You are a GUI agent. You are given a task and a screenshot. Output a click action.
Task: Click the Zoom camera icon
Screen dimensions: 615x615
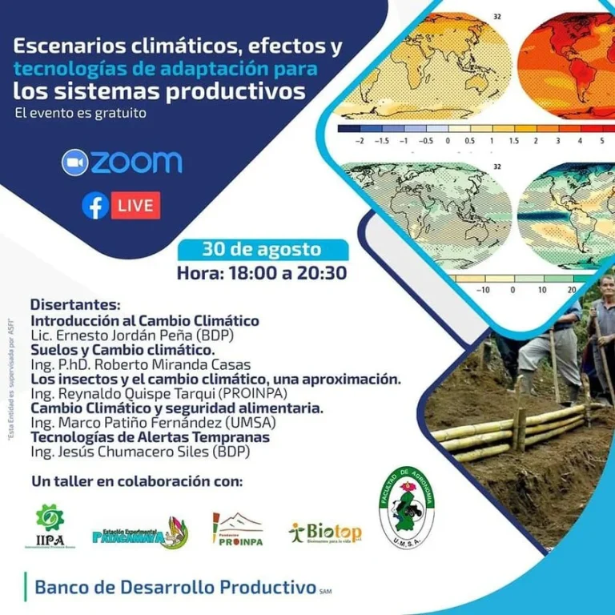(74, 163)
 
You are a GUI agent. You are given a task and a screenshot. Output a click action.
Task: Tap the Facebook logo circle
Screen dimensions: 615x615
(95, 206)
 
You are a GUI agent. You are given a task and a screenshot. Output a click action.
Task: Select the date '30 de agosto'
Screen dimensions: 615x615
(262, 249)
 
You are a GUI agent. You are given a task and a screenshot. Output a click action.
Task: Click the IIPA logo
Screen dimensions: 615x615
(50, 525)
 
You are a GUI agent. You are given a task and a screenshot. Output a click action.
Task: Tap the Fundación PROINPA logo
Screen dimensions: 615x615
(239, 529)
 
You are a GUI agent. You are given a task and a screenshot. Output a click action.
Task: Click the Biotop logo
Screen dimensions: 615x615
(326, 532)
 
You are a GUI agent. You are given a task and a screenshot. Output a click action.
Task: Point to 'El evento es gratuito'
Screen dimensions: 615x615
(80, 113)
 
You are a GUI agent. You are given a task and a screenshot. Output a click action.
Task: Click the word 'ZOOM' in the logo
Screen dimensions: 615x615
(136, 163)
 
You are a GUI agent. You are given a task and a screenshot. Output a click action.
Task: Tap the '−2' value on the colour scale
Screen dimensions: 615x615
(360, 139)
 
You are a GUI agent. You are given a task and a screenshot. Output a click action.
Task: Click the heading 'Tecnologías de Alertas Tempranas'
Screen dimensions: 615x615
(150, 437)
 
